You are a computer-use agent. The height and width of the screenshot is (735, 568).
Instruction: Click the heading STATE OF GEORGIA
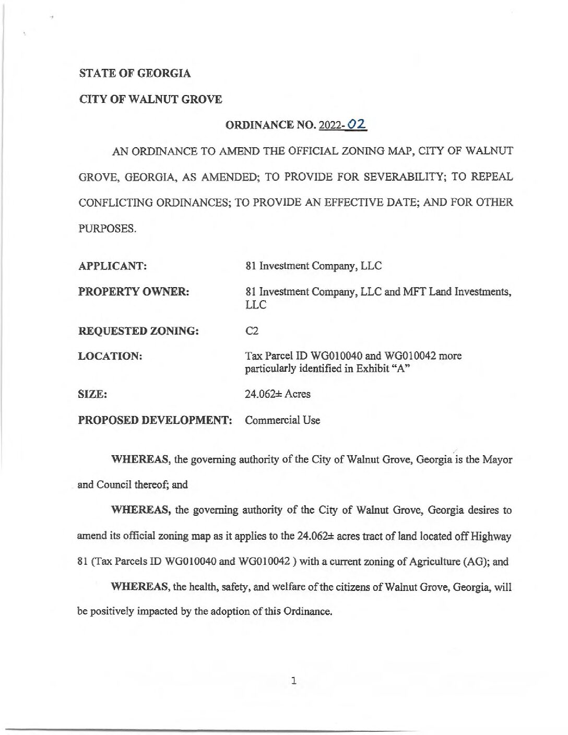(x=135, y=74)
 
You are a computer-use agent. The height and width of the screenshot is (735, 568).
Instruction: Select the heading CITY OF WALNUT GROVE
(x=150, y=99)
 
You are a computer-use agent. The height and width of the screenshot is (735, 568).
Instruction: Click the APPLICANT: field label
(x=112, y=266)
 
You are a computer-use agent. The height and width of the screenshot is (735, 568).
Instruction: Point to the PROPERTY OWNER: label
(x=134, y=292)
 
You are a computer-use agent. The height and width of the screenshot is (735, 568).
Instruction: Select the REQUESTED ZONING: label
(x=138, y=331)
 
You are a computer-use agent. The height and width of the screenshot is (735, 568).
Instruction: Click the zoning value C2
(x=252, y=331)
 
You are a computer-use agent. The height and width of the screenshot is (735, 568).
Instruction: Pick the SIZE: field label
(x=92, y=395)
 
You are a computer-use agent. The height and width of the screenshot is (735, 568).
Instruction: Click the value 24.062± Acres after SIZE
(x=277, y=394)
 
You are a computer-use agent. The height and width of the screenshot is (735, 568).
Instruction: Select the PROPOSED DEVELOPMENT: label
(x=155, y=420)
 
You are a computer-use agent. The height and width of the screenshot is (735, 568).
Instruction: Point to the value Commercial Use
(x=282, y=420)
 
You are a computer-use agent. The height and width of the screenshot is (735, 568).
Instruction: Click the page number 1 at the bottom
(x=294, y=681)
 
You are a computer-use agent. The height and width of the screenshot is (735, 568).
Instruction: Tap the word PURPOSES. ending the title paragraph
(x=107, y=229)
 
